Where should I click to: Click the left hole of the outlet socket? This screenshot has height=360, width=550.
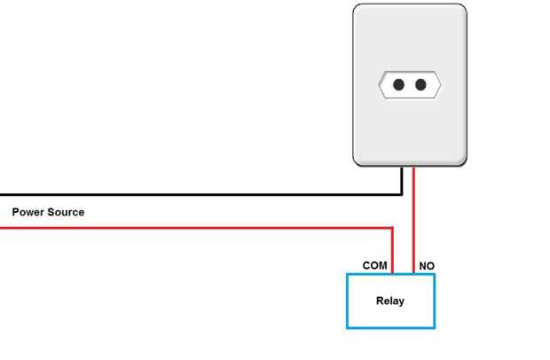coord(398,84)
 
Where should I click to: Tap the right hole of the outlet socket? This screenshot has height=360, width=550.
coord(420,84)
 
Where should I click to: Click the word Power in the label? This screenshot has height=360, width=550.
coord(28,212)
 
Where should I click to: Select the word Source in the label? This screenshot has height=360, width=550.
coord(66,212)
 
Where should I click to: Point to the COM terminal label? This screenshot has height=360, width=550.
coord(375,266)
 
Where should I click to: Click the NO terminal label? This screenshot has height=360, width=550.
coord(427,266)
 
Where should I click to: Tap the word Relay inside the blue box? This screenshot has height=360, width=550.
coord(390,301)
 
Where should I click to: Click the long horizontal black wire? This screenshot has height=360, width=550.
coord(201,194)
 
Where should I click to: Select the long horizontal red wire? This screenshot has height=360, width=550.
coord(196,228)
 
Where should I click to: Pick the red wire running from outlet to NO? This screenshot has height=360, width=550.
coord(414,220)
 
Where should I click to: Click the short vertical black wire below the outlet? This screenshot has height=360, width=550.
coord(402,181)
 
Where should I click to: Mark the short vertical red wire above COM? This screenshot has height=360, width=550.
coord(392,251)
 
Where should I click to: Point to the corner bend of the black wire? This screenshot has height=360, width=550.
coord(402,194)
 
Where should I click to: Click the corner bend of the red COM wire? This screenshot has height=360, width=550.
coord(392,228)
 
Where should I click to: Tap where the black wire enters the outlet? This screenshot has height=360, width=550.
coord(402,168)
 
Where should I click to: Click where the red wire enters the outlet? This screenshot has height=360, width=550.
coord(414,168)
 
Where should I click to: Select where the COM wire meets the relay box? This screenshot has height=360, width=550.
coord(392,274)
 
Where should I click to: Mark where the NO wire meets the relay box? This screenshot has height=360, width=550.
coord(414,274)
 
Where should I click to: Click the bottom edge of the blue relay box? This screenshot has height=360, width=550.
coord(390,328)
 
